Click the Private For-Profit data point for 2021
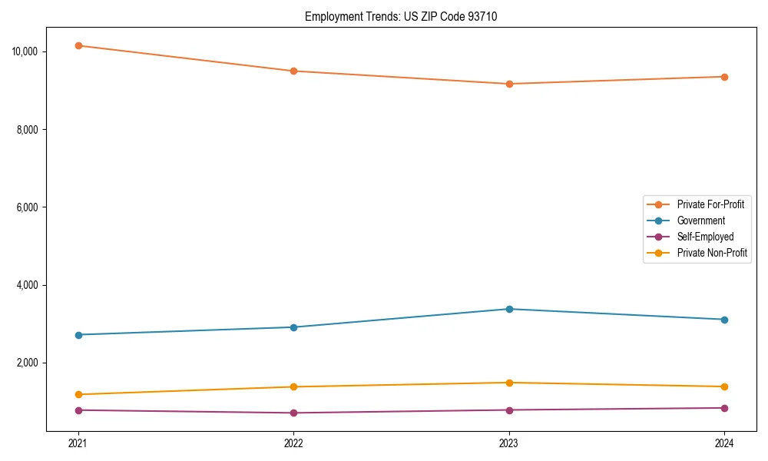tap(78, 45)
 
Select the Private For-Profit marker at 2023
tap(509, 84)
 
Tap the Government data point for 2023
tap(509, 309)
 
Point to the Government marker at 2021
tap(78, 335)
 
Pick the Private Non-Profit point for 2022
tap(293, 386)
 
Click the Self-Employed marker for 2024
tap(724, 408)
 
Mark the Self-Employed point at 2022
tap(293, 413)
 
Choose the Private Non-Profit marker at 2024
tap(724, 386)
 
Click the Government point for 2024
tap(724, 320)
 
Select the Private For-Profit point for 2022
tap(293, 71)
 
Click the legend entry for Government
tap(700, 221)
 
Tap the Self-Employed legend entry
tap(705, 237)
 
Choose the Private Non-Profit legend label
tap(712, 253)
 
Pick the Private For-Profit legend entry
tap(710, 204)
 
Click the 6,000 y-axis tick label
tap(32, 207)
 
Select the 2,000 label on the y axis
tap(32, 363)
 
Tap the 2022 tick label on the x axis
tap(293, 443)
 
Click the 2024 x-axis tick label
tap(724, 443)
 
